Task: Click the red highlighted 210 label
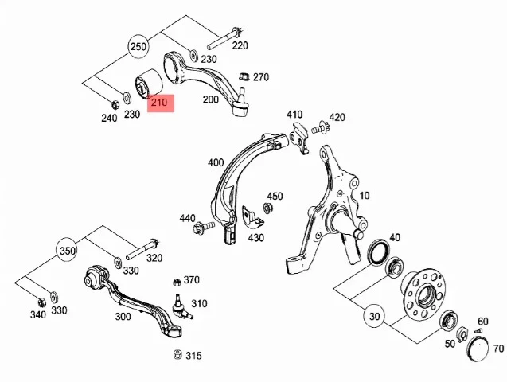(x=161, y=103)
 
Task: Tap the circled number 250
(x=138, y=47)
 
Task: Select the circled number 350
(x=67, y=251)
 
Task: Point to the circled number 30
(x=374, y=316)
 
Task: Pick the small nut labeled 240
(x=115, y=105)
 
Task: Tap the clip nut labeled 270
(x=244, y=77)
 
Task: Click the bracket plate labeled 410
(x=299, y=138)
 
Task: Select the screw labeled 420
(x=321, y=128)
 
